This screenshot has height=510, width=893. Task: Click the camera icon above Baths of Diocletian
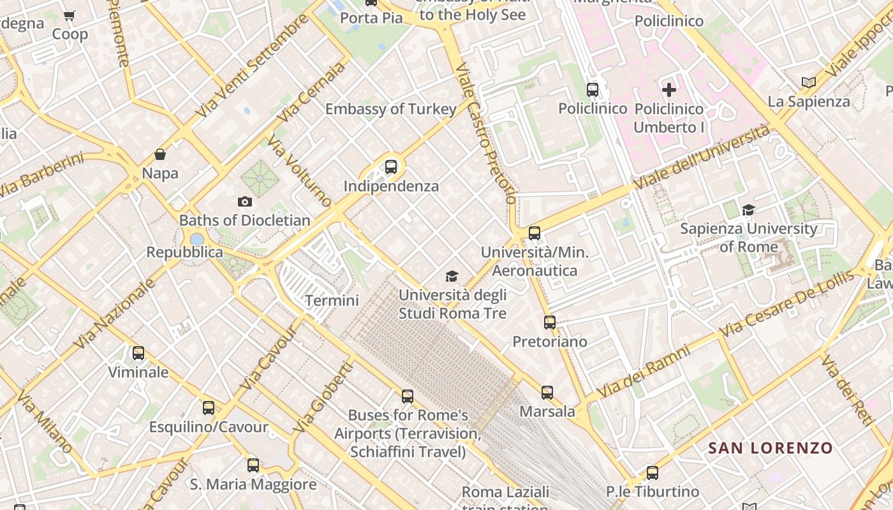pyautogui.click(x=244, y=202)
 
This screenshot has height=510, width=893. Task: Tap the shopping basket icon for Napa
pyautogui.click(x=160, y=154)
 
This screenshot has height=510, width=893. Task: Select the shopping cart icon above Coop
pyautogui.click(x=70, y=15)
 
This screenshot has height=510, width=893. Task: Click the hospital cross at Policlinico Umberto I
pyautogui.click(x=668, y=90)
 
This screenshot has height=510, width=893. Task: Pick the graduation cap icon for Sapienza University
pyautogui.click(x=748, y=210)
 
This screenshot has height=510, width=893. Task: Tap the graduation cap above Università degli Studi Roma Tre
pyautogui.click(x=452, y=276)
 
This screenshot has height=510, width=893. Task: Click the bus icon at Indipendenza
pyautogui.click(x=391, y=167)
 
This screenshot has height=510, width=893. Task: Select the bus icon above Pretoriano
pyautogui.click(x=550, y=323)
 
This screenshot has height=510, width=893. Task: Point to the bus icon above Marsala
pyautogui.click(x=547, y=393)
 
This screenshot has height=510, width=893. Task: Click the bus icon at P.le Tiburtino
pyautogui.click(x=652, y=473)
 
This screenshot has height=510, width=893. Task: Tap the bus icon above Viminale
pyautogui.click(x=138, y=353)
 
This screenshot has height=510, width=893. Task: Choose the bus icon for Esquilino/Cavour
pyautogui.click(x=209, y=408)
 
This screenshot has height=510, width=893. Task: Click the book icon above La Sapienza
pyautogui.click(x=808, y=82)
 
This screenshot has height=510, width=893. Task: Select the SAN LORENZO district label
pyautogui.click(x=771, y=448)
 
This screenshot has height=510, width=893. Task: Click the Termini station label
pyautogui.click(x=332, y=300)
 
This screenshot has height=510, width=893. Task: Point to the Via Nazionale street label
pyautogui.click(x=115, y=313)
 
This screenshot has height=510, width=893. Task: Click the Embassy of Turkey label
pyautogui.click(x=390, y=109)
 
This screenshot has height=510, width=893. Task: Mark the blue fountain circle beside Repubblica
pyautogui.click(x=197, y=239)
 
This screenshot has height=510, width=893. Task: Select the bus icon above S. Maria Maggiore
pyautogui.click(x=253, y=465)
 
